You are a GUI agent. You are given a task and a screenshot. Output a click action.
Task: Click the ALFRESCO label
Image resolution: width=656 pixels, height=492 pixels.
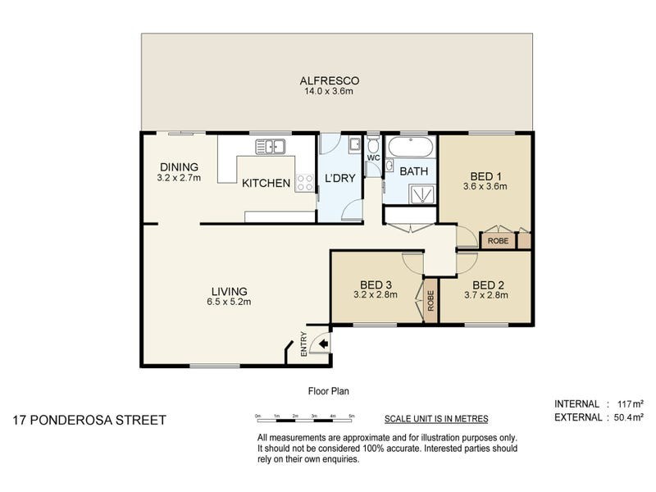[330, 80]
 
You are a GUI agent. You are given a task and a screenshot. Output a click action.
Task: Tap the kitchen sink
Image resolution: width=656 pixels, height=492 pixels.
[271, 147]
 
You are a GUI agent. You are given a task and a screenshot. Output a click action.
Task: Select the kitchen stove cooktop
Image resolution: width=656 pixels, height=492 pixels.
[304, 183]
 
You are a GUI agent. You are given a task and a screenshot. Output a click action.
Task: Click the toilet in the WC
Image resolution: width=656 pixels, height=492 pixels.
[373, 145]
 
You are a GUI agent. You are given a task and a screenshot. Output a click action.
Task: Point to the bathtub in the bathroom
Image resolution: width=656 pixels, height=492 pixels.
[412, 147]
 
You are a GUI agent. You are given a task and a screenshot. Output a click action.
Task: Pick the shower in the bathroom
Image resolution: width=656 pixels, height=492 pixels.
[423, 194]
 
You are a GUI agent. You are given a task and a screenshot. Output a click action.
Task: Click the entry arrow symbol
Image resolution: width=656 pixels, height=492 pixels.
[323, 344]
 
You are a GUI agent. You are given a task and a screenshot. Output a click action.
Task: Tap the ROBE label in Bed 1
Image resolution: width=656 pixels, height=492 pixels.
[498, 241]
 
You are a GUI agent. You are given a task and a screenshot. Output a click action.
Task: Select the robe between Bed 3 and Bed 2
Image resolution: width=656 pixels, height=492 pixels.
[430, 300]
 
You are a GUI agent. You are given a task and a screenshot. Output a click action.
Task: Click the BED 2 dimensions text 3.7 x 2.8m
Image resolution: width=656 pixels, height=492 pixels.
[486, 295]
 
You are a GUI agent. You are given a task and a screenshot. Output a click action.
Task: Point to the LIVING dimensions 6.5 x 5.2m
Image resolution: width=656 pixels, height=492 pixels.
[229, 302]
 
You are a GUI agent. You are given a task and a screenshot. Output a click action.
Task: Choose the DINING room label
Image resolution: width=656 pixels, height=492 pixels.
[179, 167]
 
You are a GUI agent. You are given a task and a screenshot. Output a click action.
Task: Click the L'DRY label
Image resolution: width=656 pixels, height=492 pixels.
[339, 178]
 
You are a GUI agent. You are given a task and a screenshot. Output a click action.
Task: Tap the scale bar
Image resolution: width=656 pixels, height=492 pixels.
[305, 419]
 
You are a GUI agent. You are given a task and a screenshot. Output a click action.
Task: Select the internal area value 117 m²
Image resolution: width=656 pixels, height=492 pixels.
[631, 403]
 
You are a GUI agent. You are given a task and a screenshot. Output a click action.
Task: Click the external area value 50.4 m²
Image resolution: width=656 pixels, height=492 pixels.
[628, 417]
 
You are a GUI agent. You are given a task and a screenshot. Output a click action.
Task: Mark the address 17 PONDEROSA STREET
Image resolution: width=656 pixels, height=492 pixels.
[89, 420]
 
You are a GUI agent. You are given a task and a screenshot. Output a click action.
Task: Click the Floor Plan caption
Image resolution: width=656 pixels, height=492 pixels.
[329, 391]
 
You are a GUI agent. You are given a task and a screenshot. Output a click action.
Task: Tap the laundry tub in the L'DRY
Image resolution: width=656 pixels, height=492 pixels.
[355, 144]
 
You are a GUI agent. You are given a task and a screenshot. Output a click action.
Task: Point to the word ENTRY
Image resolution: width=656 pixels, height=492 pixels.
[303, 344]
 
